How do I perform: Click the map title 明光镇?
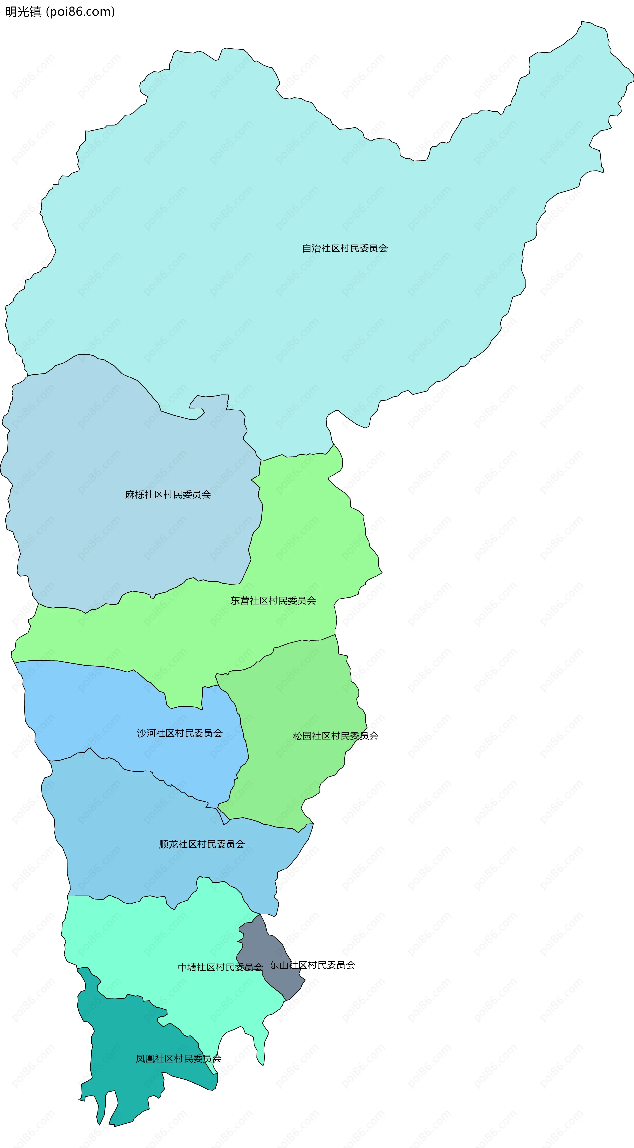coord(23,12)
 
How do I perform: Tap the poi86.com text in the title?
coord(80,12)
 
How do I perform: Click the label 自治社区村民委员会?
coord(345,248)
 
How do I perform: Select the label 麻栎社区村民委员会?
coord(168,494)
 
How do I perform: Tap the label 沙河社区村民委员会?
coord(180,733)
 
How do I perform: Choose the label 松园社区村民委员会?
coord(335,736)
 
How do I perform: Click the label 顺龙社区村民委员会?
coord(202,844)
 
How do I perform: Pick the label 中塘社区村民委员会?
coord(220,967)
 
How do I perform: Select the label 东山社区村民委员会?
coord(312,965)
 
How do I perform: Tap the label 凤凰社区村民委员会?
coord(178,1059)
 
